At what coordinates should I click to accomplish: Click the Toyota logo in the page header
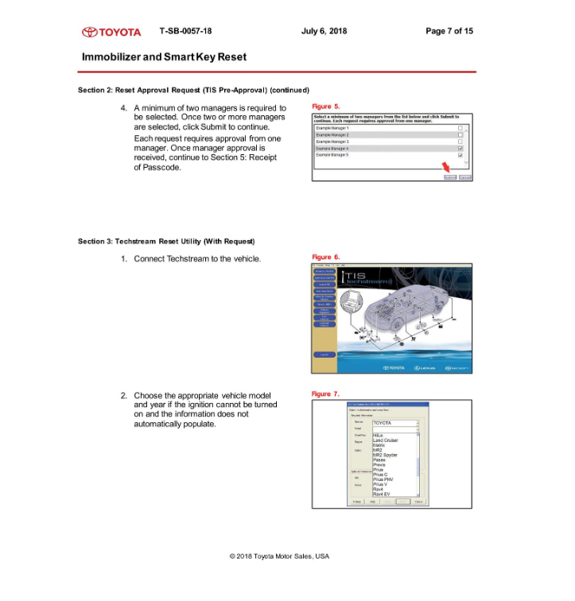click(112, 32)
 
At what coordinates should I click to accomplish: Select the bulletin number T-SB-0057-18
click(185, 31)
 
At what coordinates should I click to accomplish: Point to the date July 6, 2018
click(324, 31)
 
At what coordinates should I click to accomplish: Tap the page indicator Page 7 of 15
click(449, 31)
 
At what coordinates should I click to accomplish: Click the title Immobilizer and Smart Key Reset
click(164, 57)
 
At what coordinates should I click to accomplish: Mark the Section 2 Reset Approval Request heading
click(193, 89)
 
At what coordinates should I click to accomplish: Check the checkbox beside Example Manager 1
click(460, 128)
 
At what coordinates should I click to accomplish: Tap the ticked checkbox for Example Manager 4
click(460, 149)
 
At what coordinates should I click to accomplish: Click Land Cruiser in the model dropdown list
click(387, 440)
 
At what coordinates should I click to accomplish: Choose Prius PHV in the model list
click(384, 479)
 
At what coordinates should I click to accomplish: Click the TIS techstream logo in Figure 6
click(364, 278)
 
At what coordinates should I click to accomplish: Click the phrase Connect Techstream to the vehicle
click(197, 259)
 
